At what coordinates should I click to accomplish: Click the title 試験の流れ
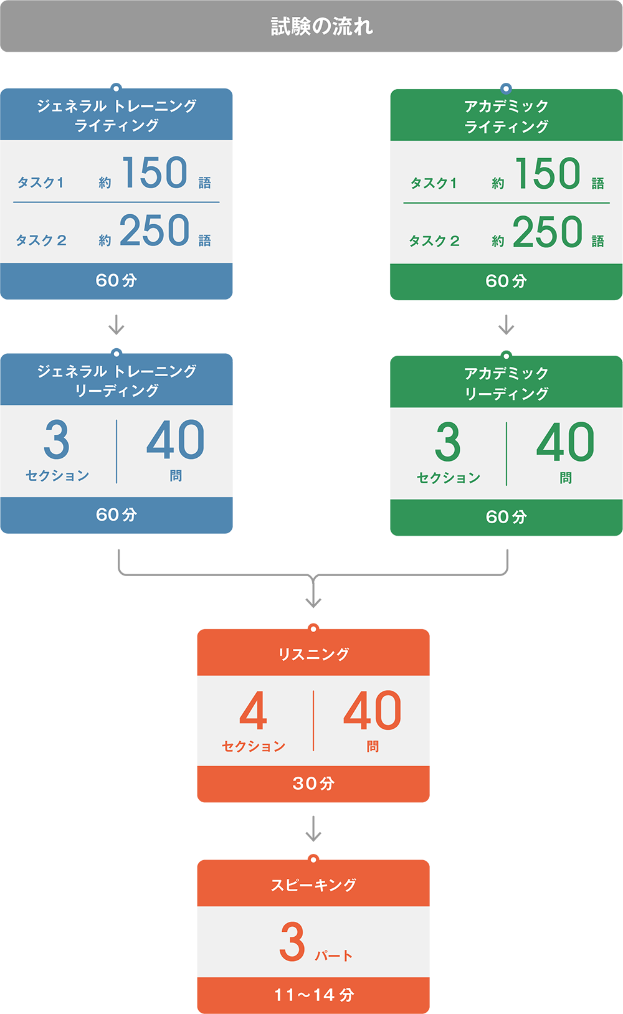[x=321, y=26]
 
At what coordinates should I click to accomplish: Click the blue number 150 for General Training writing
[x=155, y=173]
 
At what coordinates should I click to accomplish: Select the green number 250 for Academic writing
[x=547, y=232]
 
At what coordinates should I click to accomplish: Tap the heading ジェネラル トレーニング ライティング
[x=117, y=115]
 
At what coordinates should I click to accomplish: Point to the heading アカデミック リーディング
[x=506, y=382]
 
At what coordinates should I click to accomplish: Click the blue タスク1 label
[x=40, y=182]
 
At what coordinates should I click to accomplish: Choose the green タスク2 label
[x=434, y=241]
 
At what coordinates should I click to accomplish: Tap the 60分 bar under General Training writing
[x=117, y=280]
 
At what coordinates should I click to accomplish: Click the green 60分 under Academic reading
[x=506, y=516]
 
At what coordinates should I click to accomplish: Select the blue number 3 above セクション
[x=57, y=440]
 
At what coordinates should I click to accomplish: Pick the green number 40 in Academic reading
[x=565, y=442]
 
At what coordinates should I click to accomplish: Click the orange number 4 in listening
[x=253, y=711]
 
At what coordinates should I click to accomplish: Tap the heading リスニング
[x=313, y=654]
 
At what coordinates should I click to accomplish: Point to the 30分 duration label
[x=313, y=783]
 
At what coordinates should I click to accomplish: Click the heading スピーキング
[x=313, y=884]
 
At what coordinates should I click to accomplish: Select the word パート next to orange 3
[x=334, y=955]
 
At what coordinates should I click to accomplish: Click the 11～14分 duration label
[x=313, y=995]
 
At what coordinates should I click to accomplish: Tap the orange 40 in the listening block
[x=372, y=711]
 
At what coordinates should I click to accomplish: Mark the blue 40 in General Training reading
[x=175, y=440]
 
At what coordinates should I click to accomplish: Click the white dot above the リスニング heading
[x=313, y=629]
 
